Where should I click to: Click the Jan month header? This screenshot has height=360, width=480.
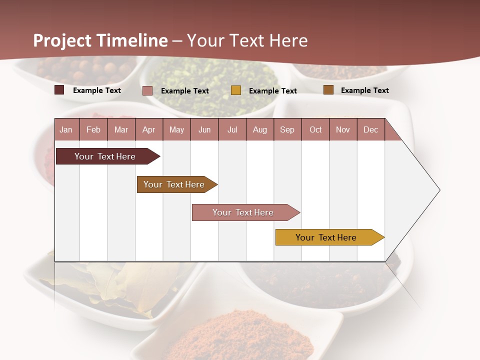[x=66, y=129]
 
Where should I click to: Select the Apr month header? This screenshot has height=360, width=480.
[x=149, y=129]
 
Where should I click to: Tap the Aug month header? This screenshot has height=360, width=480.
[x=260, y=129]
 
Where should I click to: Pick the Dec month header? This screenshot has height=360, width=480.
[x=371, y=129]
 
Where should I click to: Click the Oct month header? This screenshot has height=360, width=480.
[x=315, y=129]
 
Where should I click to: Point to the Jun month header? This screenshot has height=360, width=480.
[x=204, y=129]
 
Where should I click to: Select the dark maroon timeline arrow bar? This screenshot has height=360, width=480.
[x=105, y=156]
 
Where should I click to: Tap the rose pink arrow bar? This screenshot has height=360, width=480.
[x=243, y=212]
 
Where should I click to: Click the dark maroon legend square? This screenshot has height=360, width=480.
[x=59, y=90]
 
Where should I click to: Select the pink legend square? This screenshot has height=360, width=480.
[x=147, y=90]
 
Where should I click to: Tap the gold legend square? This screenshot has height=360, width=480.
[x=236, y=90]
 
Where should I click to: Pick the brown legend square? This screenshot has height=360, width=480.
[x=328, y=90]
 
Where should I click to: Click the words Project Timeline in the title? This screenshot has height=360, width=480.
[x=100, y=40]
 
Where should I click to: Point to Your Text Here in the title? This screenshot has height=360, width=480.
[x=247, y=40]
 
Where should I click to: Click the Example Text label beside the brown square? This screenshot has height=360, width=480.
[x=364, y=90]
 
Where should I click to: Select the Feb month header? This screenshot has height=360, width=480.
[x=93, y=129]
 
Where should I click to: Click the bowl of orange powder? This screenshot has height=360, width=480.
[x=240, y=335]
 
